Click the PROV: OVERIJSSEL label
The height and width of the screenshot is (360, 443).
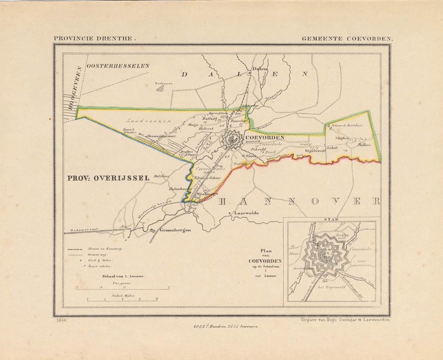click(x=108, y=178)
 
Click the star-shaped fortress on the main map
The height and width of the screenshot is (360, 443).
click(x=232, y=140)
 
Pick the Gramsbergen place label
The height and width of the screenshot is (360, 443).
click(x=175, y=230)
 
